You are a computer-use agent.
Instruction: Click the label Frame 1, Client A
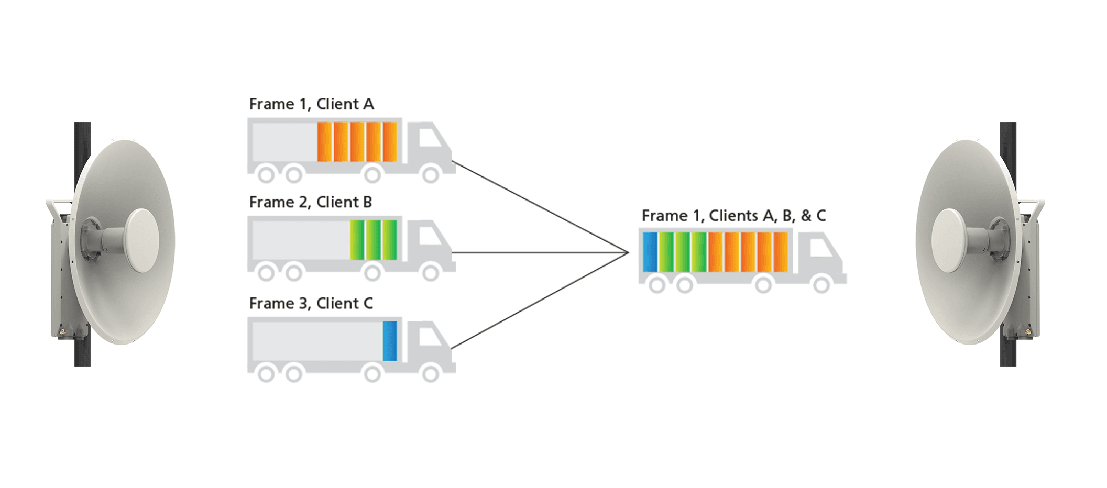click(x=311, y=104)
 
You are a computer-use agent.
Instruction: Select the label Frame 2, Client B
click(x=310, y=202)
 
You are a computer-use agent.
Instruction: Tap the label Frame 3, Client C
click(x=311, y=304)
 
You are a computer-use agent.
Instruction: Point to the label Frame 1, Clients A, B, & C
click(x=733, y=216)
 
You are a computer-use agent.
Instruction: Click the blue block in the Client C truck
click(x=390, y=341)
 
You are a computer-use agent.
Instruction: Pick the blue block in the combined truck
click(x=650, y=252)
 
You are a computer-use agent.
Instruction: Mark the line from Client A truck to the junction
click(x=540, y=207)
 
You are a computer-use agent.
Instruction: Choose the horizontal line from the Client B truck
click(x=540, y=253)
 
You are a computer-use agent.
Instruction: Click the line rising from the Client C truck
click(x=540, y=301)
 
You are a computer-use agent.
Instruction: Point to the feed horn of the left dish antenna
click(x=141, y=240)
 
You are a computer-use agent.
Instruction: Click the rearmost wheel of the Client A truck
click(x=266, y=174)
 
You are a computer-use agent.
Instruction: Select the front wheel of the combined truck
click(x=821, y=285)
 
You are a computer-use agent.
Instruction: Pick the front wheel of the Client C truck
click(x=431, y=374)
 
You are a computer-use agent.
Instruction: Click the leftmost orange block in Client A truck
click(x=324, y=141)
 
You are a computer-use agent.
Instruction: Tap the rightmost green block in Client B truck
click(x=390, y=240)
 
